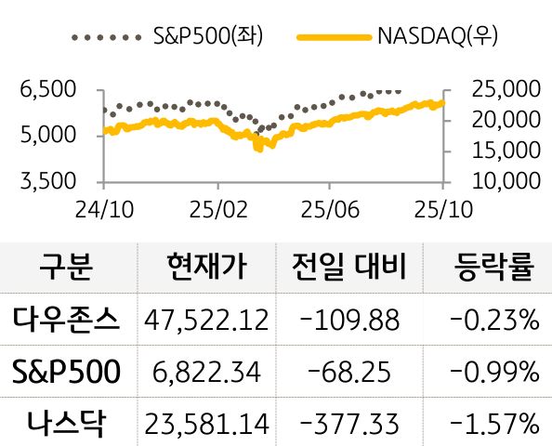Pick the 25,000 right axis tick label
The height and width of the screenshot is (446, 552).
(506, 90)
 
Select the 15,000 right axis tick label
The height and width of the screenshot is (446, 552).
(506, 150)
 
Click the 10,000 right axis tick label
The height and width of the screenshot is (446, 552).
(506, 179)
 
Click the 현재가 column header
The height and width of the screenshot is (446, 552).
(205, 269)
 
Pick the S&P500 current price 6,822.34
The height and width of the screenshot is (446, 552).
(206, 373)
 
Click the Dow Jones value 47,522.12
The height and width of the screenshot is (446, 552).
(206, 321)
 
